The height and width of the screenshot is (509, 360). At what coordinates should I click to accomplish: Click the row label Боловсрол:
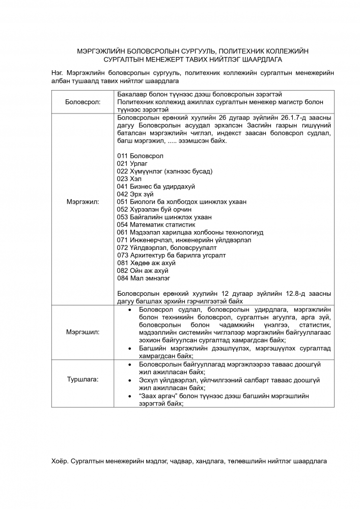tap(83, 102)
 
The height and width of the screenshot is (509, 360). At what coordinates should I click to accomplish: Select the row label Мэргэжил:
tap(83, 202)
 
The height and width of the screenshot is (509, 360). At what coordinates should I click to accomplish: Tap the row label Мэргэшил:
tap(83, 332)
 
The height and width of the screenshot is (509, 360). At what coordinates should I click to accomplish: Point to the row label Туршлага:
tap(83, 380)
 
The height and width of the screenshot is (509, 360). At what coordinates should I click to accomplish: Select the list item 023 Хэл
tap(129, 179)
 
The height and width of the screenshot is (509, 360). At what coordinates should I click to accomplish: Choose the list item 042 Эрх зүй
tap(135, 194)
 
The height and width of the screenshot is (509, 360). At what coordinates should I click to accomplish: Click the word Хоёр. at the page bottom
tap(60, 461)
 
